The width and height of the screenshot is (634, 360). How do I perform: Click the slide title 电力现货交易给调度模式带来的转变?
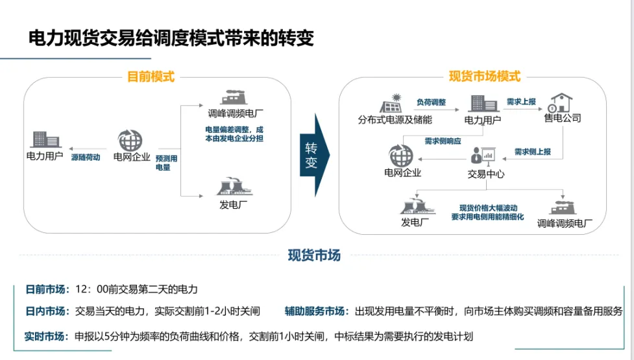[171, 38]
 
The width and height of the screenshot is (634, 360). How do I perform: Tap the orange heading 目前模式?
[151, 77]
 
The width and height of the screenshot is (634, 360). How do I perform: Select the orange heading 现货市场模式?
[485, 77]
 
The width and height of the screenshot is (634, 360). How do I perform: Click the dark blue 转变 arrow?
[314, 155]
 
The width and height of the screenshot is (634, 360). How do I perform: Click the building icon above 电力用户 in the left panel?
[43, 139]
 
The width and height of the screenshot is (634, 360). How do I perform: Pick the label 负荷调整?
[431, 102]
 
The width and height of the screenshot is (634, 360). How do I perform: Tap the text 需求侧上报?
[533, 152]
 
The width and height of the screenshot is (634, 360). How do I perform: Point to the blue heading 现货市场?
[314, 255]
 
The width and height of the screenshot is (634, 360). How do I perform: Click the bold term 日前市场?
[45, 289]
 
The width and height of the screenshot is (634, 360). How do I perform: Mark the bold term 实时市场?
[45, 336]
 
